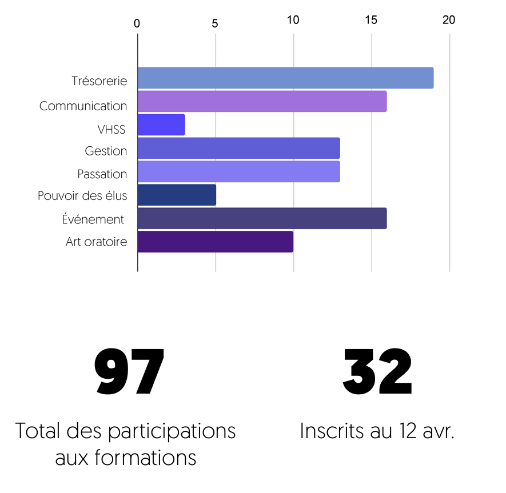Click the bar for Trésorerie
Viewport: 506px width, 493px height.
[285, 78]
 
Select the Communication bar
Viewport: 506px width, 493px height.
[262, 101]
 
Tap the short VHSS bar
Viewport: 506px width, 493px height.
[161, 125]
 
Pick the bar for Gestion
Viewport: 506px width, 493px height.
[238, 148]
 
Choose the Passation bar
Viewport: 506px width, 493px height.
[238, 171]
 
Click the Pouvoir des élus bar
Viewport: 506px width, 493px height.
[177, 195]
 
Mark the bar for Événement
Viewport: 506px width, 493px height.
[262, 218]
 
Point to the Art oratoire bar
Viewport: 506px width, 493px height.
[215, 242]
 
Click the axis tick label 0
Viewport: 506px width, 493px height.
[137, 23]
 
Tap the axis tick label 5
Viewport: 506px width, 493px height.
[215, 23]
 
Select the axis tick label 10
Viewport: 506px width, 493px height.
[293, 20]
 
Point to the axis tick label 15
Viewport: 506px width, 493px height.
[371, 20]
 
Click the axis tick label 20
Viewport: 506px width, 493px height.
[449, 20]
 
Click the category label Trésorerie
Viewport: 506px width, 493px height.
[99, 81]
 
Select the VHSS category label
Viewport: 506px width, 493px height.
[111, 130]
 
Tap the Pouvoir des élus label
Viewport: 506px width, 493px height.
[82, 196]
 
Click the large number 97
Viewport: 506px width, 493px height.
[129, 372]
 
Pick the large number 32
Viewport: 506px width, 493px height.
[377, 372]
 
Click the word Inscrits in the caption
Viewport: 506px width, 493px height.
[330, 431]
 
